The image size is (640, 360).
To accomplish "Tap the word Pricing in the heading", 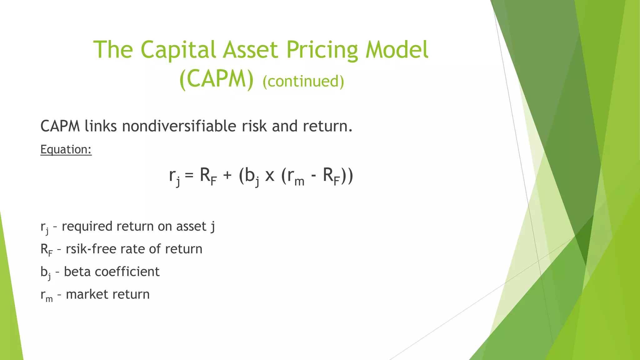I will pos(322,50).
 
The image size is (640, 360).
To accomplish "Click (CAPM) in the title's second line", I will pos(217,80).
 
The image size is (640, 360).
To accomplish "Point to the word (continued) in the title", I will pos(303,81).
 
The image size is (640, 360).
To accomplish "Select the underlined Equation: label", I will pos(66,149).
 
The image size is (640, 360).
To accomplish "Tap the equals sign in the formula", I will pos(189,176).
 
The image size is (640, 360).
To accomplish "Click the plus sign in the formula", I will pos(227,176).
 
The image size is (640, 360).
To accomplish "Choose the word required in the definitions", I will pos(87,227).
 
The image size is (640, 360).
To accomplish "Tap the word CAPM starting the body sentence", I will pos(60,126).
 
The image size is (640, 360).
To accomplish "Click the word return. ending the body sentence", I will pos(327,126).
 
